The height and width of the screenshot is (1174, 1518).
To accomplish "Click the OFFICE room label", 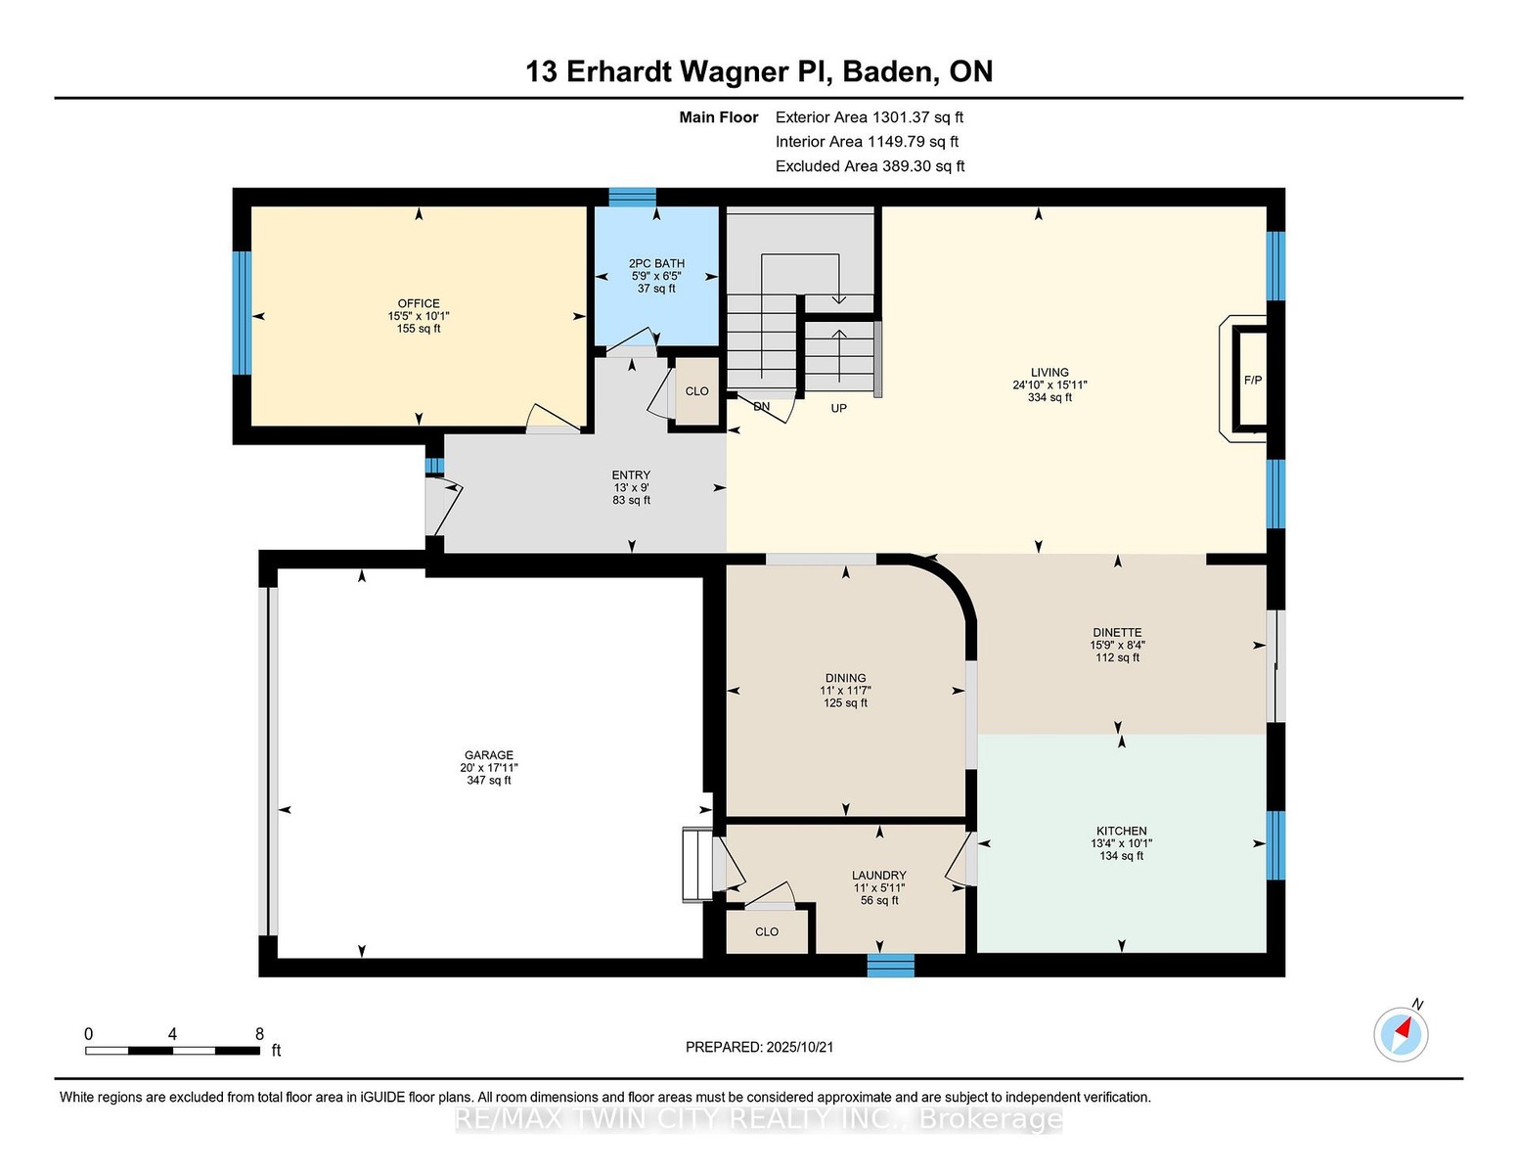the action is click(x=419, y=303).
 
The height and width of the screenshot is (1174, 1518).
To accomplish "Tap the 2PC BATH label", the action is click(x=656, y=263).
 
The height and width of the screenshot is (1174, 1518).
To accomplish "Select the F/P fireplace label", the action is click(x=1253, y=380).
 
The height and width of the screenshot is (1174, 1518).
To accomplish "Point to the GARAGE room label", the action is click(x=488, y=755).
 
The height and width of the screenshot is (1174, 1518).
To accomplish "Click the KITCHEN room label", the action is click(x=1121, y=831).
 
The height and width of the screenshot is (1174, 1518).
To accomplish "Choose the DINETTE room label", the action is click(x=1118, y=633).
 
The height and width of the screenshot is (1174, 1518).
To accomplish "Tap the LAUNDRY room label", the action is click(x=878, y=875).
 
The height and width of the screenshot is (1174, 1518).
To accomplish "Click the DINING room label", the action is click(x=845, y=677).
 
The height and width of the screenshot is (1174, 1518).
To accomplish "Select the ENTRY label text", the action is click(x=631, y=474).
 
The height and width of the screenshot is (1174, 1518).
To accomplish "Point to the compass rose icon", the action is click(x=1400, y=1034).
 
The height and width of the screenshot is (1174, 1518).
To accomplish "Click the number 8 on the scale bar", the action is click(x=259, y=1034).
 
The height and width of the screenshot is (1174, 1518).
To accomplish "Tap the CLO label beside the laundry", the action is click(x=766, y=931).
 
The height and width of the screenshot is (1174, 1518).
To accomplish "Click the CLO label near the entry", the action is click(x=696, y=391).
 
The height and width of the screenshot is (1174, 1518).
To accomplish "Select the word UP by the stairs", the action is click(x=838, y=408).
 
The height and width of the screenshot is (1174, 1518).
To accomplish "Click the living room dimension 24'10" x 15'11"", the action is click(x=1049, y=384).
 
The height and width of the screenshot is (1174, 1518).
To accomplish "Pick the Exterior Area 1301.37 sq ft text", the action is click(x=869, y=117).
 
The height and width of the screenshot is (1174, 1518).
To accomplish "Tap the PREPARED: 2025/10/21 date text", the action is click(x=759, y=1047).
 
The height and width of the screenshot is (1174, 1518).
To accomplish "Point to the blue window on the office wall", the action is click(x=242, y=313).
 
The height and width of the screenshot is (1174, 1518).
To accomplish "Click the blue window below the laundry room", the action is click(x=891, y=966).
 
